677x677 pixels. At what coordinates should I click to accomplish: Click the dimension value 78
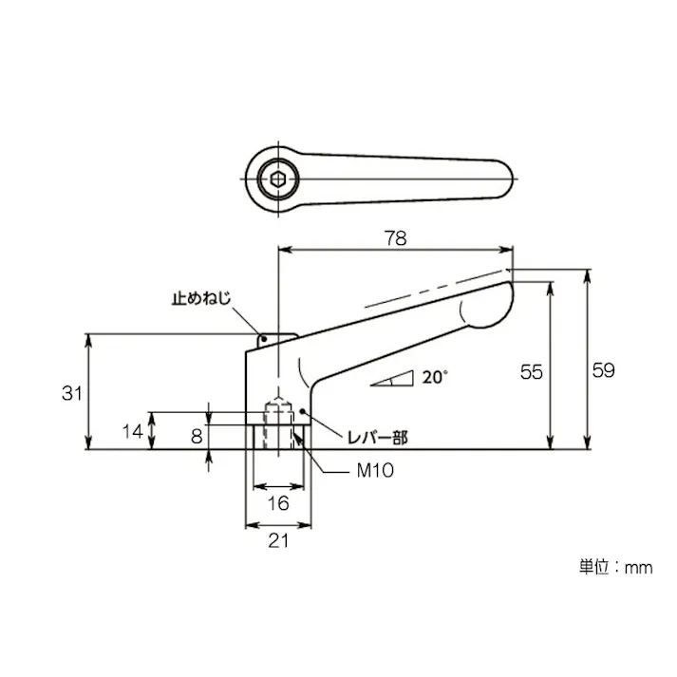tap(395, 239)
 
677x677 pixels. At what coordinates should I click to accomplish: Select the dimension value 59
tap(603, 371)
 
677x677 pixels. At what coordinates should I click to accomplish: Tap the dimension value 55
tap(532, 372)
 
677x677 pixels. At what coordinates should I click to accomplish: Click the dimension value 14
tap(133, 431)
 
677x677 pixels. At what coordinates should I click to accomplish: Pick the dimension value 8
tap(196, 436)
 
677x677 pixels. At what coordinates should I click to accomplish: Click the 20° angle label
tap(434, 377)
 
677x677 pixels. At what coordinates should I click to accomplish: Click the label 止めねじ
tap(200, 297)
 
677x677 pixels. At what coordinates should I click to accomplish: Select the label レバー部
tap(374, 438)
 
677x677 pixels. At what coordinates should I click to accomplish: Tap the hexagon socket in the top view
tap(276, 177)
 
